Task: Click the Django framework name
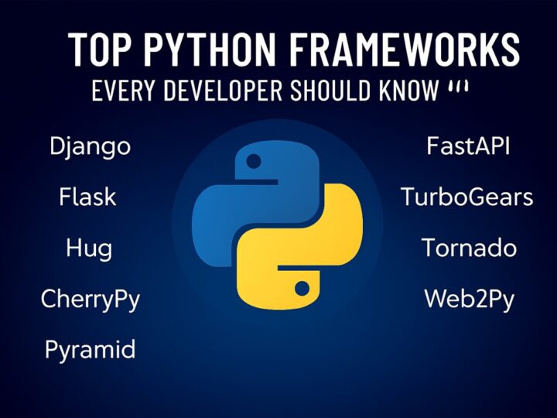[90, 146]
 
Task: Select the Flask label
[87, 197]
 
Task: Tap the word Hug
[89, 248]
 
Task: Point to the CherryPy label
[91, 299]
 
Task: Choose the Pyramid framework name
[90, 349]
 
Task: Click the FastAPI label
[468, 146]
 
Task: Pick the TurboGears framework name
[466, 197]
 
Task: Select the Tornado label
[469, 248]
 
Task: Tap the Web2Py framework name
[469, 299]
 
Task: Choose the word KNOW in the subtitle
[410, 91]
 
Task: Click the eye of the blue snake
[253, 162]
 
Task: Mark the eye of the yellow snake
[302, 289]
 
